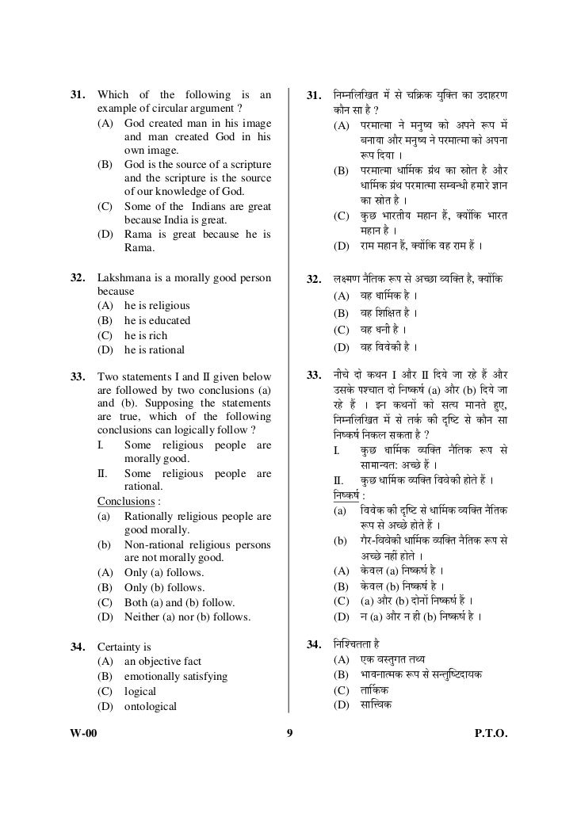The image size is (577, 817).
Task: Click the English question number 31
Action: pos(78,96)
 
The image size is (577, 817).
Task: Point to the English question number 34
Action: pos(78,647)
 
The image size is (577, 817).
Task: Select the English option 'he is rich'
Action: pos(146,335)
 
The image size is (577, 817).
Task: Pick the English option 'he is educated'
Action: pos(157,321)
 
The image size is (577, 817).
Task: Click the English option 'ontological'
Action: pos(151,706)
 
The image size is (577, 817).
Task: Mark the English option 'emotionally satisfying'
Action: pos(175,677)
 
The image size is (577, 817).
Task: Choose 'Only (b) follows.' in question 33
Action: pos(164,588)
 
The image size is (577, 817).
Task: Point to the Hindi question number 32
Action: pos(312,280)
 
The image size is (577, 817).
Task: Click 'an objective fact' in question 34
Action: pos(162,662)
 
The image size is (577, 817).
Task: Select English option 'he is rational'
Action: pos(154,350)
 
